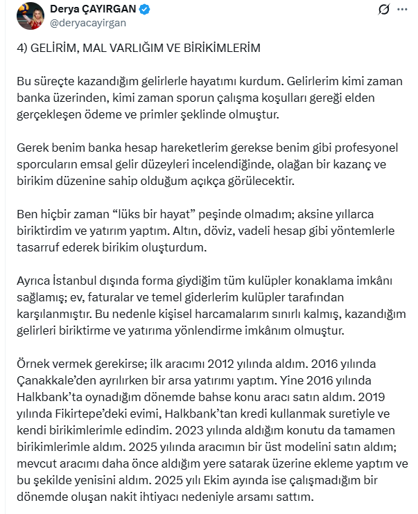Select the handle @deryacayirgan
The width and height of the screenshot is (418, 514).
[87, 23]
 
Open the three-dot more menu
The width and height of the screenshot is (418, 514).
[401, 10]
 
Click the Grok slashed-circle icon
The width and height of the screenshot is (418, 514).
[381, 10]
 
